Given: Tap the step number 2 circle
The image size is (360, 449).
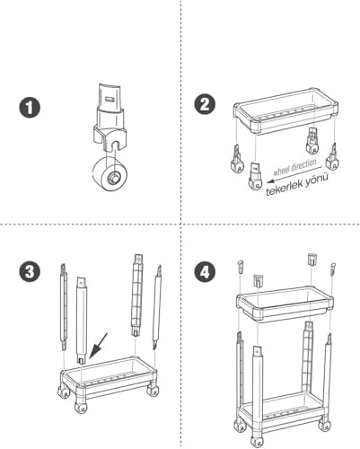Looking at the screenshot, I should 206,105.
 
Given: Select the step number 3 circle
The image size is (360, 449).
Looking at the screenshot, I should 31,271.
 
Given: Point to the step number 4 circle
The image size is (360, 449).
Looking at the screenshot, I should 206,271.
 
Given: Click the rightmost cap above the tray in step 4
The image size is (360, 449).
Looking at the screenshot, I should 332,267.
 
